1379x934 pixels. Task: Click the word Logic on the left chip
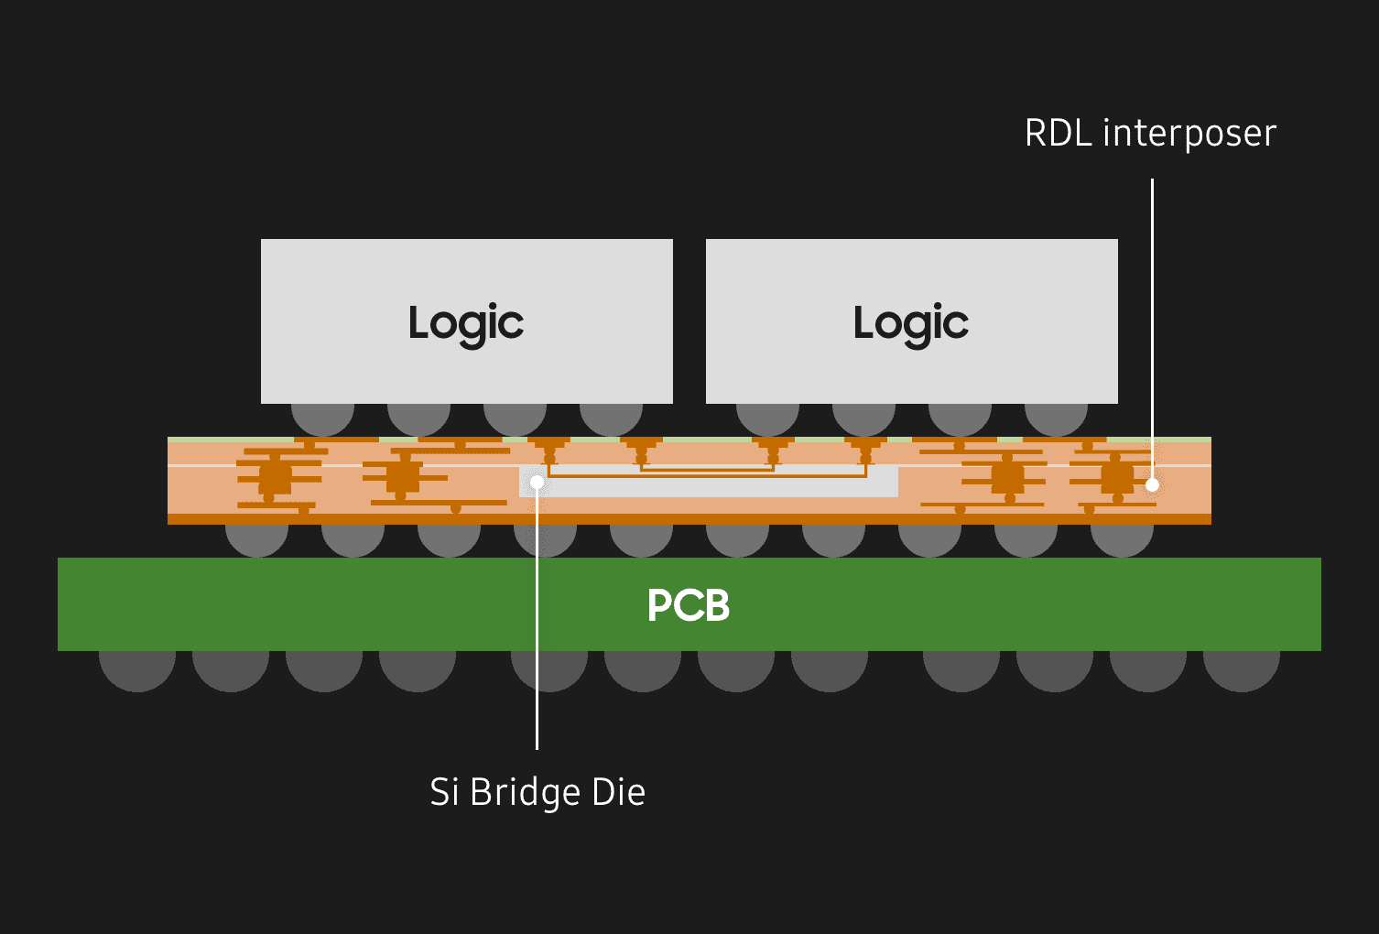[466, 323]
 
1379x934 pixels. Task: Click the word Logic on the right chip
[911, 323]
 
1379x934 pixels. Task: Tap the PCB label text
[689, 605]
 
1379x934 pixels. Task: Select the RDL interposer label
[1150, 134]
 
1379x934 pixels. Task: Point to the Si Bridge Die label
[537, 792]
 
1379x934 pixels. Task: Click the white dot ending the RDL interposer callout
[1152, 484]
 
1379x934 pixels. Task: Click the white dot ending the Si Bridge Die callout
[537, 482]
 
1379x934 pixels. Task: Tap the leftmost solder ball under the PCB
[137, 668]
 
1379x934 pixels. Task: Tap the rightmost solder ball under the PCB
[1241, 668]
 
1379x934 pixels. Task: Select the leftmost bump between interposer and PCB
[257, 539]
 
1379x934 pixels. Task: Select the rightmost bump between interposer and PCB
[1122, 539]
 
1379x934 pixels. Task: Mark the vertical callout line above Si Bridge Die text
[537, 641]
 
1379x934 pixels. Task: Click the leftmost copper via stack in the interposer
[275, 478]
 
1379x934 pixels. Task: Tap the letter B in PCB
[713, 605]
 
